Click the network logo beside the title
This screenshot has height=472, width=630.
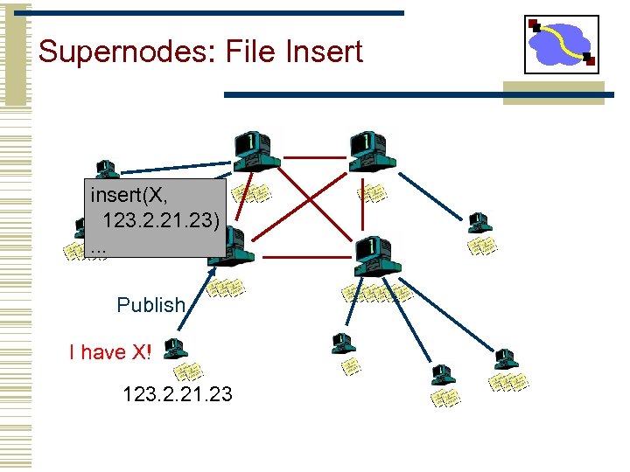point(561,45)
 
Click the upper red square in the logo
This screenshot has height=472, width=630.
point(535,24)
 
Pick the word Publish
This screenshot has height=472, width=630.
point(151,305)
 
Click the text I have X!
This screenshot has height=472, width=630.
point(110,352)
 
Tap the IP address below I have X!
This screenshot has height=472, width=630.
point(178,394)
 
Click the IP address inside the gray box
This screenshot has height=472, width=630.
point(161,219)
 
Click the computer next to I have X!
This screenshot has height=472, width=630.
point(175,348)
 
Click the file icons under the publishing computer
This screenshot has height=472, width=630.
point(187,372)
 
